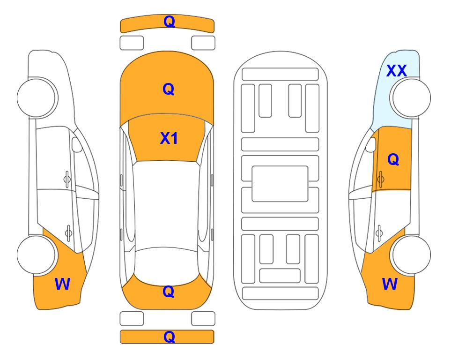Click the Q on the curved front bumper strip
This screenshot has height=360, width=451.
point(169,22)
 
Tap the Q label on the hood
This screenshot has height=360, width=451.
point(169,89)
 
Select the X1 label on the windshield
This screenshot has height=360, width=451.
point(169,138)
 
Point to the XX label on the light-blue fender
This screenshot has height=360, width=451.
point(396,71)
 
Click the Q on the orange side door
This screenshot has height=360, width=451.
point(393,159)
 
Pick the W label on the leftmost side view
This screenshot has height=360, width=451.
point(62,284)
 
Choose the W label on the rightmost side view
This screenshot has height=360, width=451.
point(390,284)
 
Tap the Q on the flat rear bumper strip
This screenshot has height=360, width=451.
point(169,337)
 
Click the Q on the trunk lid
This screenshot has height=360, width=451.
point(169,292)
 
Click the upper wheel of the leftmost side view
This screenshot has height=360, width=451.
point(37,97)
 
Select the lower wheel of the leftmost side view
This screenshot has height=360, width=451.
point(37,255)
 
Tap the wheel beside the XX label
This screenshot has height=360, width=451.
point(411,97)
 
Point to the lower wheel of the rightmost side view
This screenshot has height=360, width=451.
point(411,255)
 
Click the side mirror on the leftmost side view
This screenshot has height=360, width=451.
point(77,144)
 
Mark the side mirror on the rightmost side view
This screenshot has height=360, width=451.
point(371,144)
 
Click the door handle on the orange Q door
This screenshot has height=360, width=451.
point(380,179)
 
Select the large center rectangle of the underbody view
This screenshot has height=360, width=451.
point(280,184)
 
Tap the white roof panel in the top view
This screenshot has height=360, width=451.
point(166,204)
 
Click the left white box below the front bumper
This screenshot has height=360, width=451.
point(132,43)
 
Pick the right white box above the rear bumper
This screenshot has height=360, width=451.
point(203,319)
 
